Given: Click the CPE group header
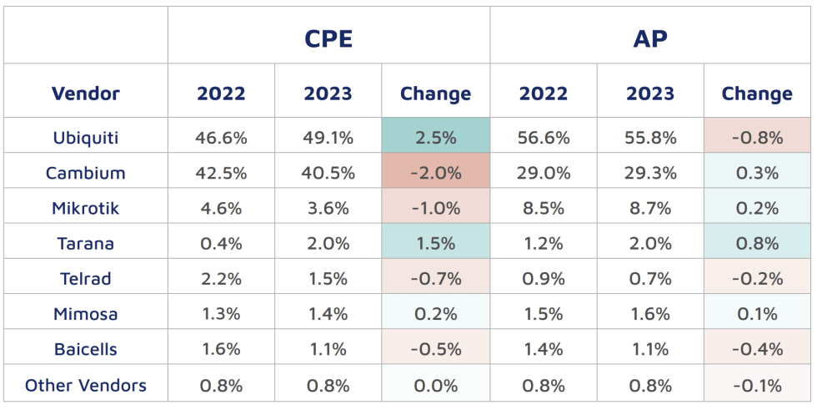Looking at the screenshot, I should click(328, 38).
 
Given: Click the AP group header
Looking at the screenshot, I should click(650, 38).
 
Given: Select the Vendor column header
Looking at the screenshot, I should click(85, 94).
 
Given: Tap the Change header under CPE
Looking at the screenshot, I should click(435, 94).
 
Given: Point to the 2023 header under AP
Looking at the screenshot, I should click(650, 94).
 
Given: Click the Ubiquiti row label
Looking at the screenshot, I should click(85, 138).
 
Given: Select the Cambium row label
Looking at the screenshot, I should click(85, 173).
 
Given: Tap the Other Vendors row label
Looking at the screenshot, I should click(85, 385).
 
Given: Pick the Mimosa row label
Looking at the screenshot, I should click(85, 314).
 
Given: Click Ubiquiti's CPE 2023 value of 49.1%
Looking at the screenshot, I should click(328, 138).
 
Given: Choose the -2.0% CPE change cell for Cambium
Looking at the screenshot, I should click(435, 173).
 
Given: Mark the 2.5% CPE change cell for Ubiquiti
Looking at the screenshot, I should click(435, 138).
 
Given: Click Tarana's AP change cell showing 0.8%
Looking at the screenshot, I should click(757, 244).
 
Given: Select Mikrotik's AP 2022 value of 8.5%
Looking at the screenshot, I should click(544, 209).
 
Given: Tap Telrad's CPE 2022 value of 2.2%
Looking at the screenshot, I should click(221, 279).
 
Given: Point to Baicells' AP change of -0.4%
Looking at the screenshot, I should click(757, 350).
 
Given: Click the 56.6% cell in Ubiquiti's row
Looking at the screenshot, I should click(544, 138).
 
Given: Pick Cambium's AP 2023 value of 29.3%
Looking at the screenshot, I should click(650, 173).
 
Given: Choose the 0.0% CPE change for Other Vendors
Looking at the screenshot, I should click(435, 385).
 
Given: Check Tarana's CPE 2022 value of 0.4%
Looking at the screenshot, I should click(221, 244).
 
